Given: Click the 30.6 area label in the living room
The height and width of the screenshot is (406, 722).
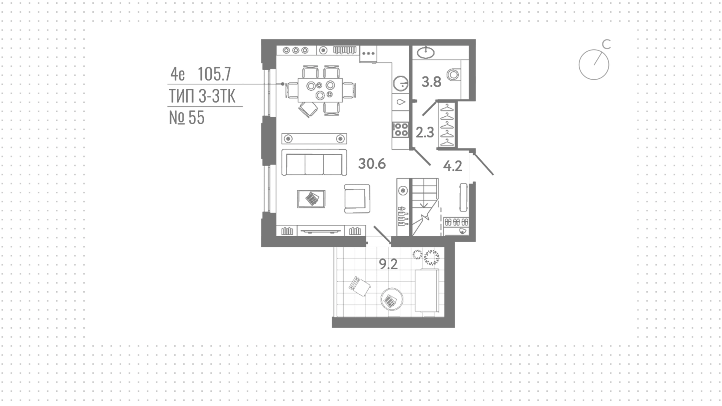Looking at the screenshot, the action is tap(372, 164).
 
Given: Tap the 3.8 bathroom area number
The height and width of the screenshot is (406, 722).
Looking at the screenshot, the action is tap(431, 82).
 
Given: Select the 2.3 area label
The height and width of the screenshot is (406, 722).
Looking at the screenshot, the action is tap(425, 133).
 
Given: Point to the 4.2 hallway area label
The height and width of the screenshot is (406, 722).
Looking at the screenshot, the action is tap(452, 166).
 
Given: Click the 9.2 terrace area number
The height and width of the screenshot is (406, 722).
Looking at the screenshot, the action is tap(388, 264).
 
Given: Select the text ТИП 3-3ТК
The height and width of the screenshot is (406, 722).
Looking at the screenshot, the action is tap(202, 96).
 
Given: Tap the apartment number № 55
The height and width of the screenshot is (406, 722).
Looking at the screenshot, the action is tap(187, 118).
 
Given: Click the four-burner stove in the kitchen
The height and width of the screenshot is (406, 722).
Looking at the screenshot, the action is tap(401, 129).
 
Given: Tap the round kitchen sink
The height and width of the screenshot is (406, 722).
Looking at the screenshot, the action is tap(401, 84).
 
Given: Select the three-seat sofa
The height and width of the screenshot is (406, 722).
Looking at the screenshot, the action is tap(314, 162).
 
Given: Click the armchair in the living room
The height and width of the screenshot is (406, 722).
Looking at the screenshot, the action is tap(357, 198).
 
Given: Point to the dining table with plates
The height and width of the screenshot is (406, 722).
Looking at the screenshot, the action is tap(320, 90).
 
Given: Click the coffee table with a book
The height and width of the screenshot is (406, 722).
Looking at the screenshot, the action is tap(311, 199).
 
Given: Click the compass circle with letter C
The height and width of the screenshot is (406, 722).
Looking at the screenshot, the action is tap(594, 64).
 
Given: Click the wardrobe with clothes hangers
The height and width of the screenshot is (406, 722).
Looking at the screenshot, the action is tap(447, 125).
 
